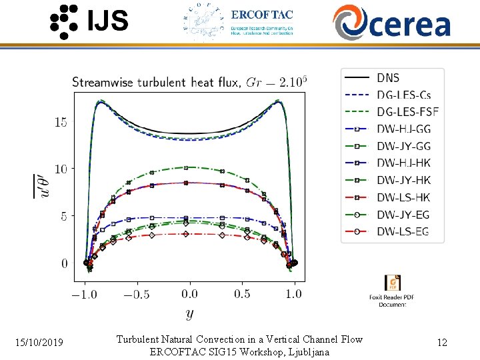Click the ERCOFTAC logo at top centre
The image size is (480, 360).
pos(237,21)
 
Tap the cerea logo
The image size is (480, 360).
pos(392,21)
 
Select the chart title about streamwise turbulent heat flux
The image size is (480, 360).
pos(189,82)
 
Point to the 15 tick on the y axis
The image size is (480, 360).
pos(61,123)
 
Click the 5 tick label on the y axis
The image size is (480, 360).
pos(64,217)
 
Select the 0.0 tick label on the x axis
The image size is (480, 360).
pos(190,294)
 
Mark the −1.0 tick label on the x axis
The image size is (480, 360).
pos(84,294)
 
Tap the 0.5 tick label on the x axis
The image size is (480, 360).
pos(243,294)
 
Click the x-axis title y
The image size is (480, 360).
pos(190,313)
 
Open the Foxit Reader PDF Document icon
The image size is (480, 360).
pos(392,283)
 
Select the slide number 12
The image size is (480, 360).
pos(441,343)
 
